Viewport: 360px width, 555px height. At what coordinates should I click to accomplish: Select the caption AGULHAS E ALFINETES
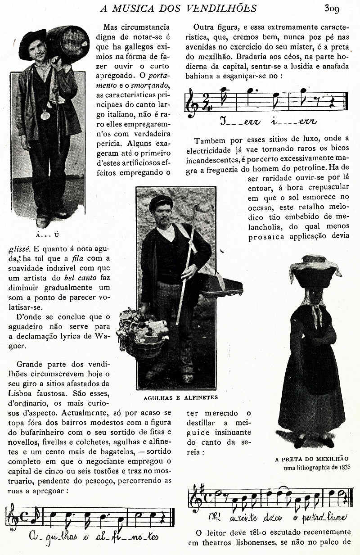(x=180, y=397)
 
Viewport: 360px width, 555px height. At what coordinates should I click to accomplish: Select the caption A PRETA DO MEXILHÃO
(x=311, y=459)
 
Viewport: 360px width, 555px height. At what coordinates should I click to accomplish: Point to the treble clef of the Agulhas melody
(x=12, y=518)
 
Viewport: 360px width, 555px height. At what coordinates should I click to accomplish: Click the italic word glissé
(x=19, y=248)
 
